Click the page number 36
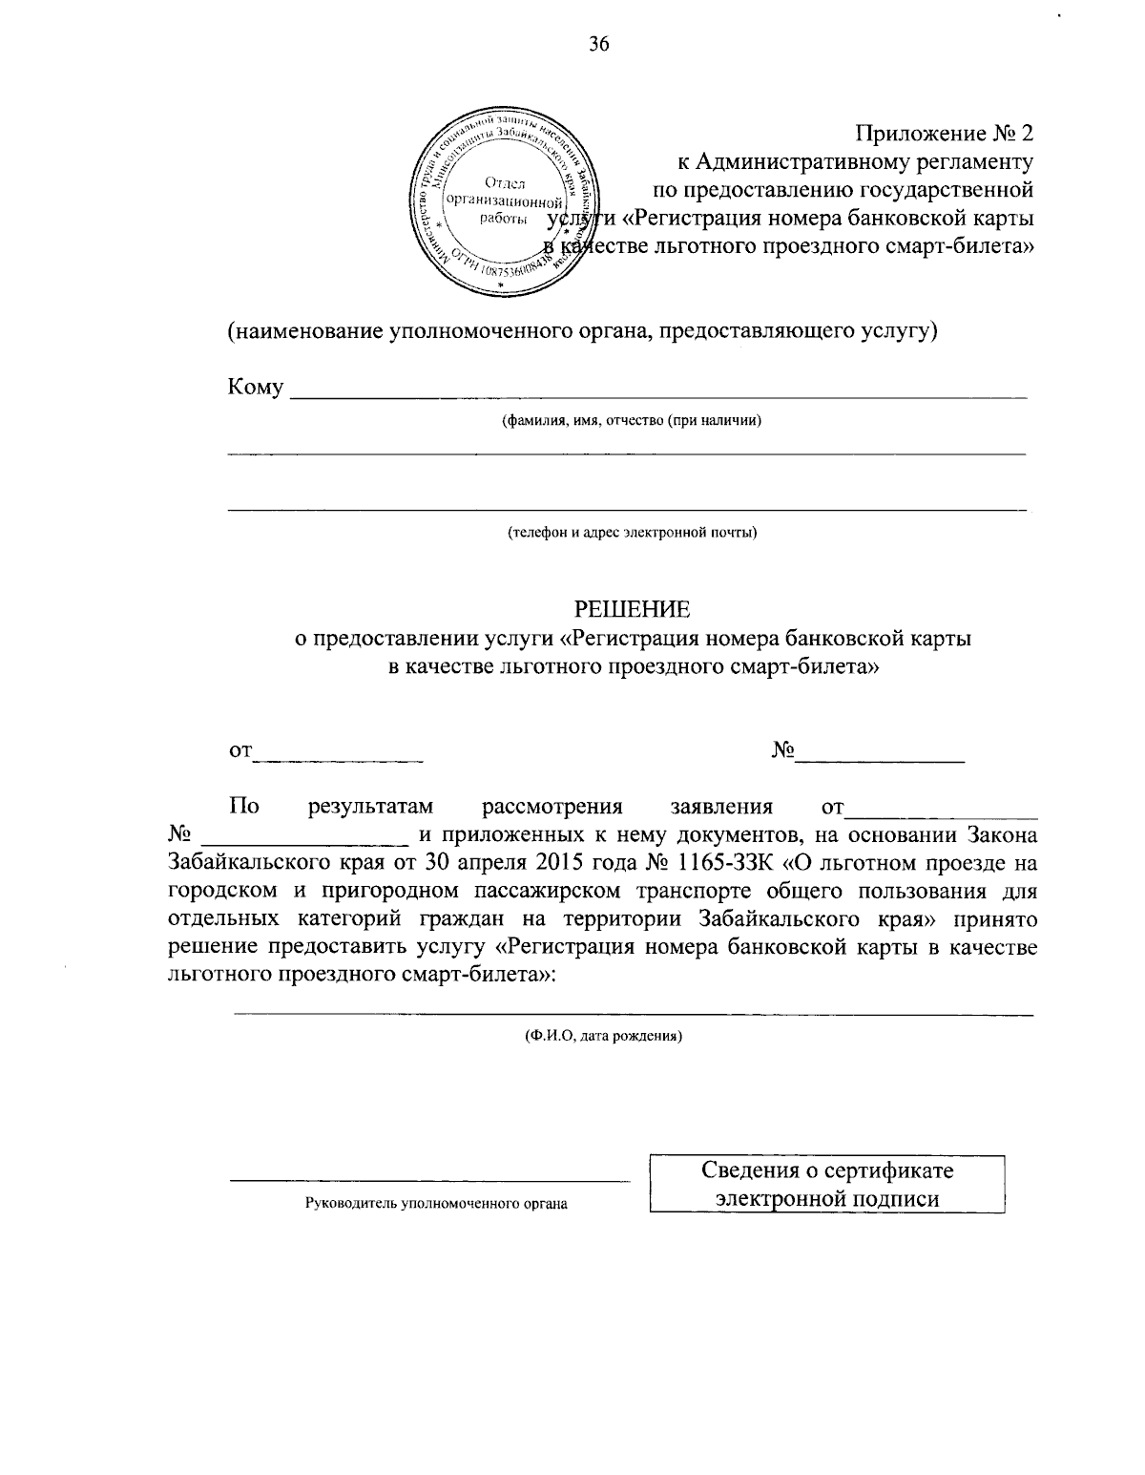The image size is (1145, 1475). click(x=599, y=44)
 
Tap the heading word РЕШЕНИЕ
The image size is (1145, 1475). click(x=631, y=608)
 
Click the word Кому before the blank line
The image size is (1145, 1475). click(x=255, y=388)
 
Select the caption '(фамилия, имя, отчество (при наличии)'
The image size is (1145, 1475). click(x=632, y=422)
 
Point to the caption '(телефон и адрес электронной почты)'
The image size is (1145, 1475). click(x=633, y=532)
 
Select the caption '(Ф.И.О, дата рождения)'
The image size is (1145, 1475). click(x=603, y=1035)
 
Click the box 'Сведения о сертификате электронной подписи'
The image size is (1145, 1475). click(x=827, y=1185)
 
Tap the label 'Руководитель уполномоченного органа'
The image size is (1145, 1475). click(x=436, y=1204)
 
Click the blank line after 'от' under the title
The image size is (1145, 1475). click(x=340, y=758)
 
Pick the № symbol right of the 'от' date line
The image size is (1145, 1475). click(x=783, y=751)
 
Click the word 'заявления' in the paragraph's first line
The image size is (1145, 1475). click(x=721, y=808)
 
